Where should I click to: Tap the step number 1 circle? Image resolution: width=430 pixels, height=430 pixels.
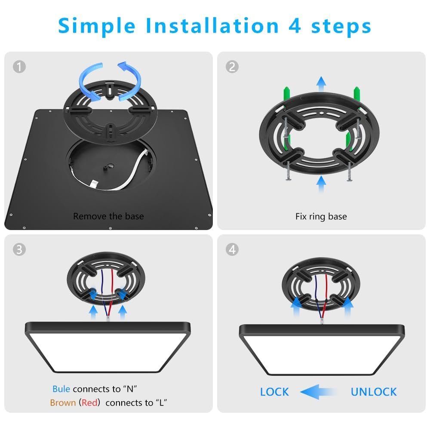click(19, 67)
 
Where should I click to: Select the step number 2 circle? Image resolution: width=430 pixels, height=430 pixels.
click(232, 67)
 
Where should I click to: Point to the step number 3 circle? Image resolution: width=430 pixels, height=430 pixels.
click(19, 250)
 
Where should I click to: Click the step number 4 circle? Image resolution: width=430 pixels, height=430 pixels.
click(232, 250)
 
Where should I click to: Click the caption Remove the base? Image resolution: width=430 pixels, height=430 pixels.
click(108, 216)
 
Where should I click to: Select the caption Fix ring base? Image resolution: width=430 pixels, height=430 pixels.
click(321, 216)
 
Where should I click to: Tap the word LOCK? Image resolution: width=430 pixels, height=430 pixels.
click(274, 392)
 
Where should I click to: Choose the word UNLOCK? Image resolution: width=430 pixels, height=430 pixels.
click(373, 392)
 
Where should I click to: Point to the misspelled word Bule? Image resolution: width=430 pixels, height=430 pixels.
click(61, 389)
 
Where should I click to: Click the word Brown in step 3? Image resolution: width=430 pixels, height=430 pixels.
click(63, 403)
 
